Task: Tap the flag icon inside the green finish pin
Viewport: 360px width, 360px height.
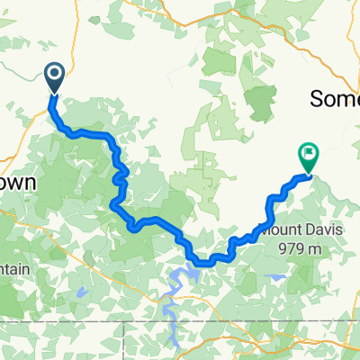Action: (x=308, y=154)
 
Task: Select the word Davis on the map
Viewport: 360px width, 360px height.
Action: (x=326, y=205)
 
